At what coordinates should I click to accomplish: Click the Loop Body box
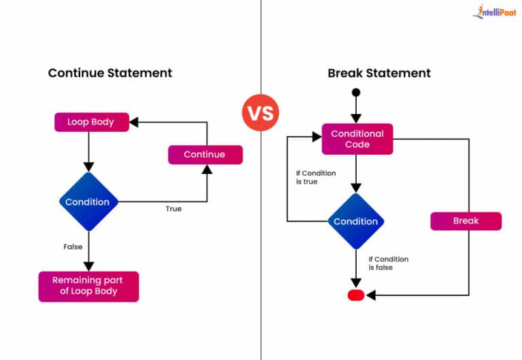coord(91,122)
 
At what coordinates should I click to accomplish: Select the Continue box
coord(205,154)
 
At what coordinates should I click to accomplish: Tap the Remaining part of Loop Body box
coord(88,286)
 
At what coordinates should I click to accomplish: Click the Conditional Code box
coord(357,139)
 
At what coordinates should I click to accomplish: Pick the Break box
coord(466,221)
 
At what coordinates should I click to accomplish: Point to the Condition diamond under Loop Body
coord(88,202)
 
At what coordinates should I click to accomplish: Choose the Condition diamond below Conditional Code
coord(355,221)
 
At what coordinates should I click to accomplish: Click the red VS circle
coord(260,112)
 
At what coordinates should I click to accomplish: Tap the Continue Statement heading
coord(110,73)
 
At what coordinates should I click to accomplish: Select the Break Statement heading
coord(379,73)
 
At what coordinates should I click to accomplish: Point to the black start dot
coord(356,92)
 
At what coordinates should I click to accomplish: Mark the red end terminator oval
coord(356,295)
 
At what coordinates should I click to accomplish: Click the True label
coord(173,209)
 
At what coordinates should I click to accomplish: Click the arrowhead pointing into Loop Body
coord(134,122)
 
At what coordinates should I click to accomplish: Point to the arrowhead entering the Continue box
coord(205,168)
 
